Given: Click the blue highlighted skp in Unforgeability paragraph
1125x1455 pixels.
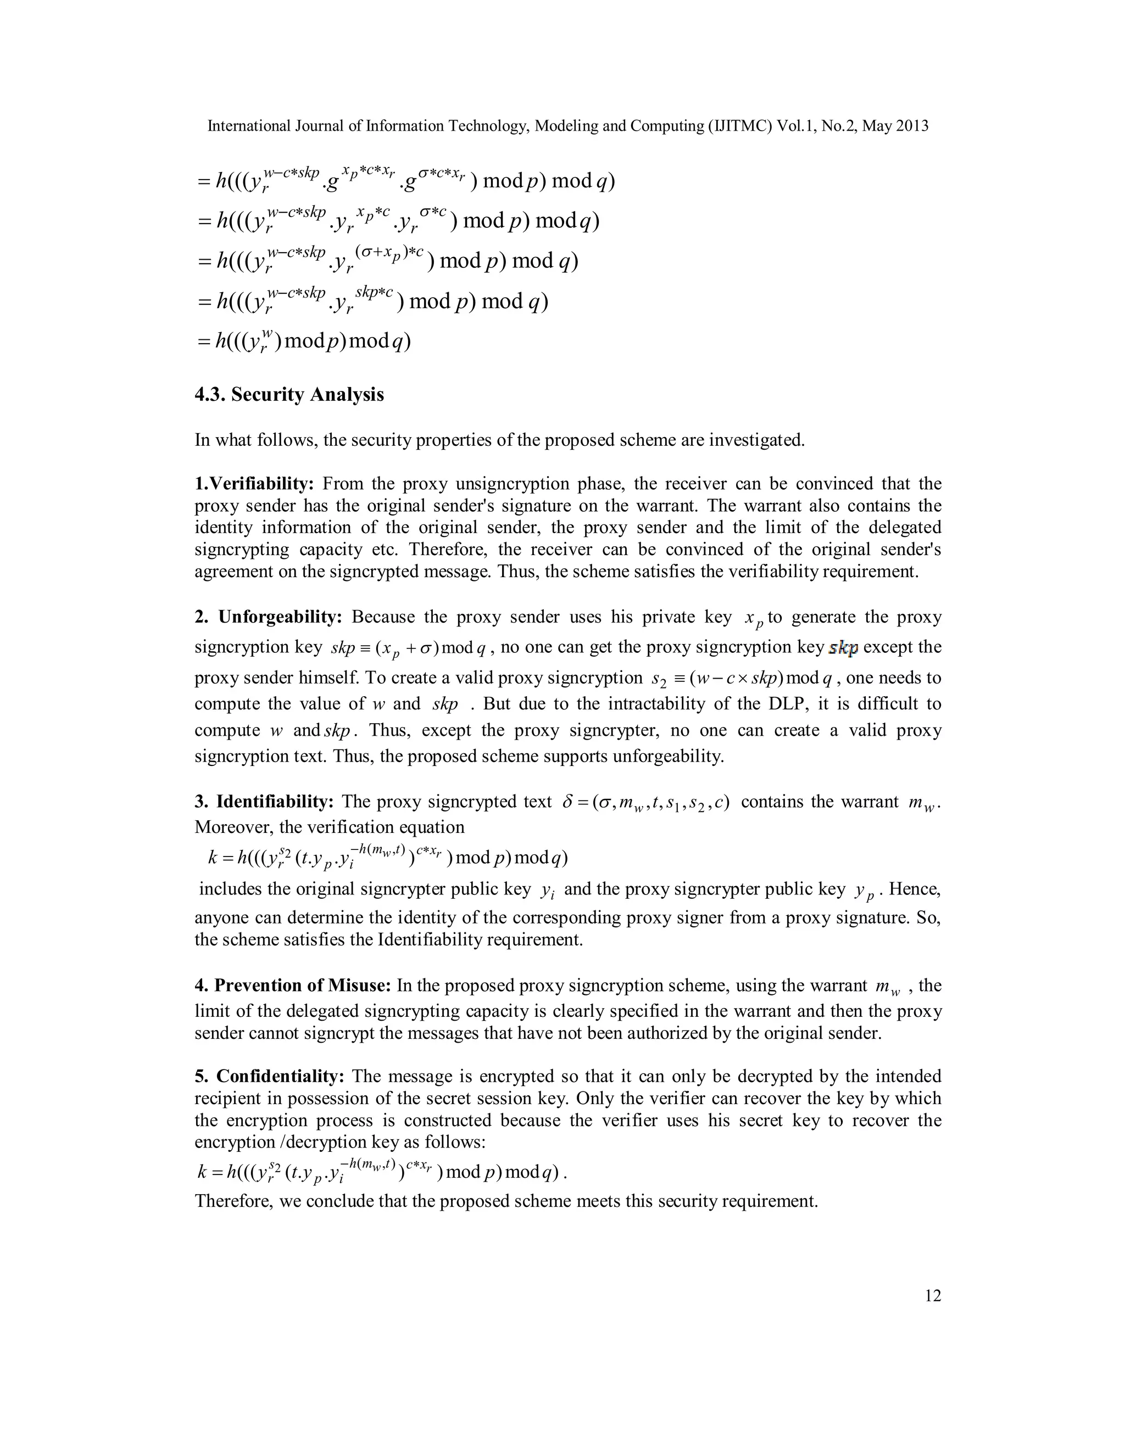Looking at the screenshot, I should pos(843,647).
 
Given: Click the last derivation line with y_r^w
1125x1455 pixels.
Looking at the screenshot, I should pos(304,341).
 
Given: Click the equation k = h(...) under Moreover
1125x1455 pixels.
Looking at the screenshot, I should pos(388,857).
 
